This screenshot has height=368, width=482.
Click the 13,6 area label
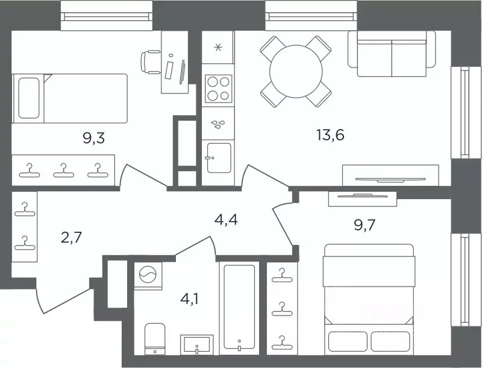click(330, 135)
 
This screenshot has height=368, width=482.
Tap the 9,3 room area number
click(94, 138)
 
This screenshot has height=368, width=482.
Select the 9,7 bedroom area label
click(365, 226)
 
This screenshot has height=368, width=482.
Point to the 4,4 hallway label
click(226, 220)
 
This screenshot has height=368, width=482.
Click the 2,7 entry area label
click(72, 238)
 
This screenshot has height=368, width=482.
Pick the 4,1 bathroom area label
click(189, 299)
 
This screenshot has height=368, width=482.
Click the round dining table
click(296, 71)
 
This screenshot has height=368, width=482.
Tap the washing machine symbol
click(148, 274)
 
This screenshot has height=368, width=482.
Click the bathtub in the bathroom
click(239, 308)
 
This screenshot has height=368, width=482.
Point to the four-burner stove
click(218, 89)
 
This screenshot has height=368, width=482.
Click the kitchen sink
click(219, 157)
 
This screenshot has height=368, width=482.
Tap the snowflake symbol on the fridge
click(218, 48)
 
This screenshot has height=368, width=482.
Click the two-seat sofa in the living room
click(392, 54)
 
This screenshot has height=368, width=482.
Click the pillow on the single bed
click(28, 98)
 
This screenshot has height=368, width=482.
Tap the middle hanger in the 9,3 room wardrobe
click(64, 171)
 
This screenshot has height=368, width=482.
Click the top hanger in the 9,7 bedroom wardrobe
click(282, 275)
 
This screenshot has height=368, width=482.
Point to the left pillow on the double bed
click(348, 341)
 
